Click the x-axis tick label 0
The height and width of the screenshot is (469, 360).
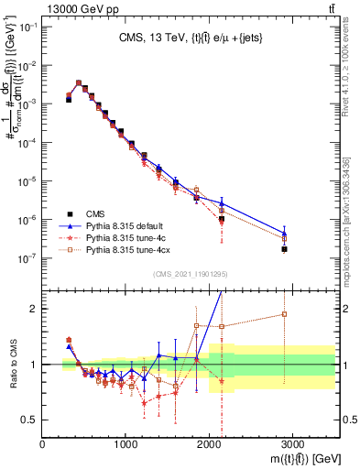pos(43,445)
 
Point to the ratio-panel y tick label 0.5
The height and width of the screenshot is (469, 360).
pos(28,420)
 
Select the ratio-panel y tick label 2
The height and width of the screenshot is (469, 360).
pos(34,309)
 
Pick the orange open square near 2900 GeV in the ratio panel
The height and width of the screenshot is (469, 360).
pos(284,314)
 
